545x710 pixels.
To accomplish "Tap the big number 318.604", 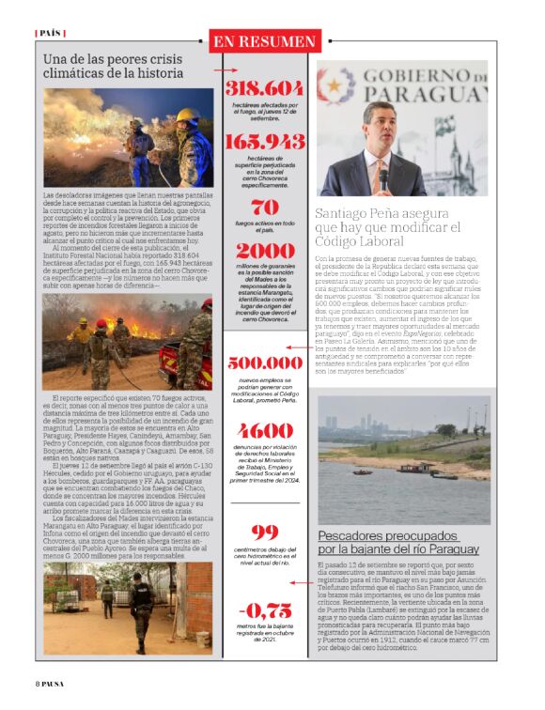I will (x=265, y=88).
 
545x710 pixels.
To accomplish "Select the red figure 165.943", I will (x=265, y=141).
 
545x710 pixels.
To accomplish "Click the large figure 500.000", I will (x=265, y=363).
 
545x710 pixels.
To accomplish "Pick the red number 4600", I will (x=265, y=430).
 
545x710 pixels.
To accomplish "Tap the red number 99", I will (x=265, y=532).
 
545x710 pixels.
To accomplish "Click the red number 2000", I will (x=265, y=251).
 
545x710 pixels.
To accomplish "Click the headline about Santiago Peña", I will (x=389, y=227).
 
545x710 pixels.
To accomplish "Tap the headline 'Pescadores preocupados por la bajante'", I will (x=398, y=541).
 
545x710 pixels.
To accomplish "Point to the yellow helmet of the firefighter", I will (x=187, y=113).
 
